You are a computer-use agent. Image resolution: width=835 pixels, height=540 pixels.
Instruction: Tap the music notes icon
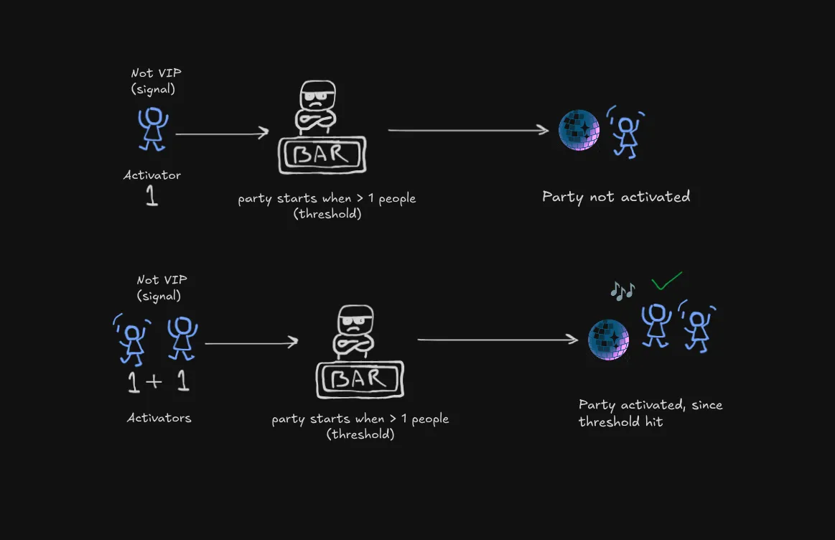click(x=622, y=290)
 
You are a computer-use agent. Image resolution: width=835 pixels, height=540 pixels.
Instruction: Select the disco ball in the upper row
click(x=579, y=130)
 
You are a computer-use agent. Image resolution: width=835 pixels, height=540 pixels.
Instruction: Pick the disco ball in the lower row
click(x=608, y=339)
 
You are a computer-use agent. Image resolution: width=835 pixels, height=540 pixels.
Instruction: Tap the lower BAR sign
click(x=360, y=378)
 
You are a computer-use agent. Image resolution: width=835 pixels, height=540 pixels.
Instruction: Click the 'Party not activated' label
click(x=616, y=197)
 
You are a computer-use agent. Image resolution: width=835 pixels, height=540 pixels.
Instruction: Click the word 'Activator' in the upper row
click(x=152, y=175)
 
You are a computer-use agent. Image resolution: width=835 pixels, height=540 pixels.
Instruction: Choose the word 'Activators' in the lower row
click(x=159, y=417)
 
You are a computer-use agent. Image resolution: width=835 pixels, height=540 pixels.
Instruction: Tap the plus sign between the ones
click(x=154, y=381)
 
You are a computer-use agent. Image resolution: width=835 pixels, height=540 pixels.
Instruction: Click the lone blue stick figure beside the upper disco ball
click(x=626, y=133)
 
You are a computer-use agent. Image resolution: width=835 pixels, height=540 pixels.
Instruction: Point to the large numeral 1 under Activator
click(x=151, y=196)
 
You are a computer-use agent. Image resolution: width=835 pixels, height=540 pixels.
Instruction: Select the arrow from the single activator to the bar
click(x=222, y=133)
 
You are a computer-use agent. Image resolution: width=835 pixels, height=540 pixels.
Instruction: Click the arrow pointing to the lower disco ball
click(x=498, y=340)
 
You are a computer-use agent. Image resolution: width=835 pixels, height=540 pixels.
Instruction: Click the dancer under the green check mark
click(x=656, y=324)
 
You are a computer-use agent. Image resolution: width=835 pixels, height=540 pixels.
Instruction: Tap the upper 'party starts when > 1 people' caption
click(x=327, y=205)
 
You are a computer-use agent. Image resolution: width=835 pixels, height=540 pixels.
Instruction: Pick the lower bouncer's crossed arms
click(x=355, y=346)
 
